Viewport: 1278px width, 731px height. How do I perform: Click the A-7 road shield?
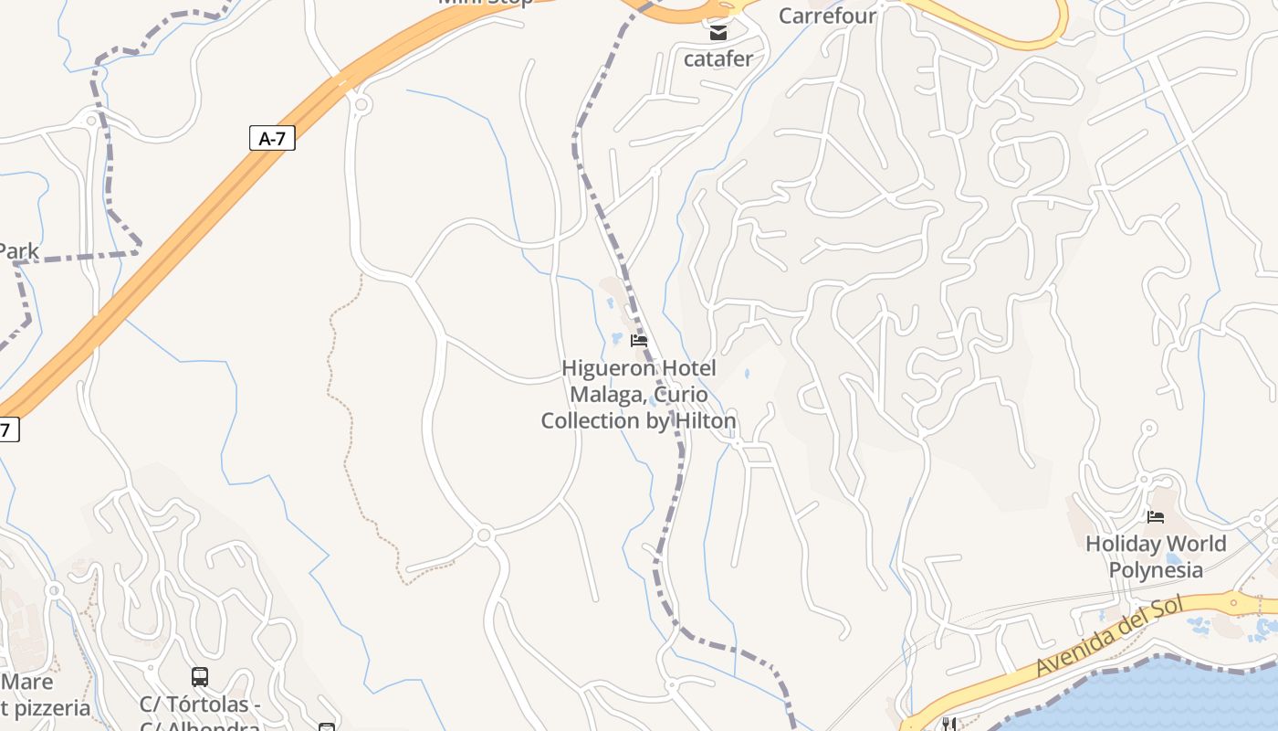[272, 138]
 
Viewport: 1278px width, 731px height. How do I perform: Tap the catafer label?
[718, 59]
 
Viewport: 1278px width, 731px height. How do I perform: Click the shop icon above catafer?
[718, 34]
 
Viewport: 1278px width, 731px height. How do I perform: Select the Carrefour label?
[827, 16]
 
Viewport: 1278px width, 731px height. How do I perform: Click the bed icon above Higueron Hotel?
[639, 341]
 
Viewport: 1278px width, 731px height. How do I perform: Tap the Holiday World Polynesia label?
[1156, 556]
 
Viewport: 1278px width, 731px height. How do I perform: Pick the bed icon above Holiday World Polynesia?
[1156, 517]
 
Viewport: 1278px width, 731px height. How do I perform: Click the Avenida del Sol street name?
[1109, 637]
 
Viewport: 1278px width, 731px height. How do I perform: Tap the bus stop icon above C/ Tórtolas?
[200, 677]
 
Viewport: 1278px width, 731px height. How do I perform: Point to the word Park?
[18, 251]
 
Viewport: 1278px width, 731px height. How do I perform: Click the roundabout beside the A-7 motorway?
[361, 105]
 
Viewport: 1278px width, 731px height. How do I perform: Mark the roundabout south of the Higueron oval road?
[485, 535]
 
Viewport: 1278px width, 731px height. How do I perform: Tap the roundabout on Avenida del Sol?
[1234, 602]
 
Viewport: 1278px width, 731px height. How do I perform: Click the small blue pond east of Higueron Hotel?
[747, 374]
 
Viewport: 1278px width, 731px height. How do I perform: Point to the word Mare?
[27, 682]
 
